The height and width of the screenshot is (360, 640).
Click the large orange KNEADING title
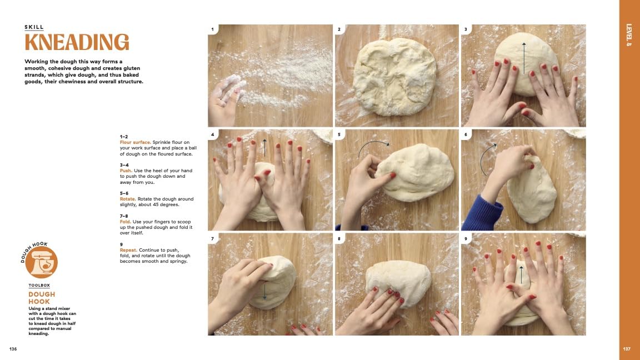[x=77, y=42]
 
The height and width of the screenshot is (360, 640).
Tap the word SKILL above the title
[x=34, y=27]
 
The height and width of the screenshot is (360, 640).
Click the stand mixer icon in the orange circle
[x=41, y=262]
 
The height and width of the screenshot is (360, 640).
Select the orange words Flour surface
[x=135, y=142]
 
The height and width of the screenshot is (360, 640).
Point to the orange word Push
[x=126, y=171]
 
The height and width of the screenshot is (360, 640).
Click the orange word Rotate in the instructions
[x=128, y=199]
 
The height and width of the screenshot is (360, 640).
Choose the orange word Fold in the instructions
[x=126, y=222]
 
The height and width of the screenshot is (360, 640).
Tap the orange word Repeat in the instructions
[x=128, y=250]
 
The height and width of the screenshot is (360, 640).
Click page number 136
[x=13, y=349]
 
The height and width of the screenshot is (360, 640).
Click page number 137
[x=627, y=349]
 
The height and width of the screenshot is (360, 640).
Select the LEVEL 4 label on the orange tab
[x=629, y=34]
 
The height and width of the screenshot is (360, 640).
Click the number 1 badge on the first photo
[x=212, y=29]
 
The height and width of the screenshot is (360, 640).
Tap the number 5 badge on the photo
[x=339, y=134]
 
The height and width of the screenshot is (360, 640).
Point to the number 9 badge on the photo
[x=466, y=239]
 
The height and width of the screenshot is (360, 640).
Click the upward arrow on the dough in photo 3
[x=524, y=58]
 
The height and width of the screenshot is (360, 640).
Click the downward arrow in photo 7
[x=264, y=292]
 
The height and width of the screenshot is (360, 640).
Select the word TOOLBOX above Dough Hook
[x=39, y=286]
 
